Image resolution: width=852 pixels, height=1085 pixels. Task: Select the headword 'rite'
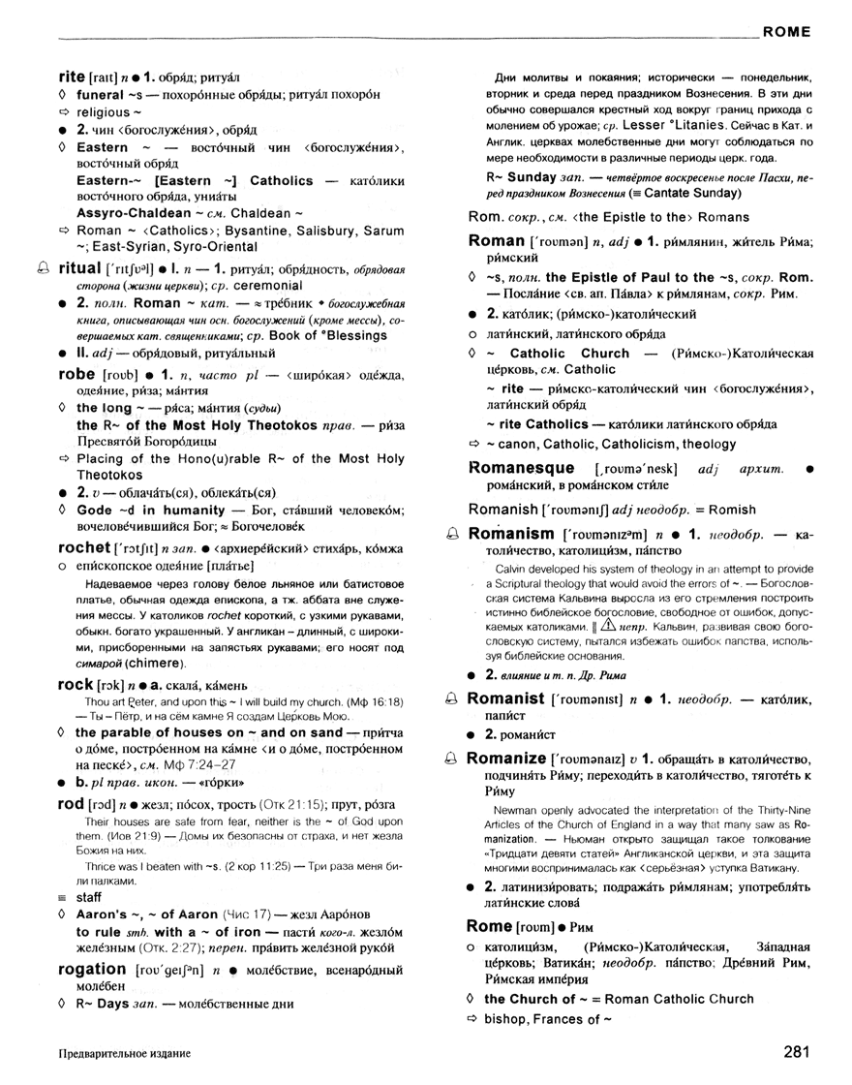73,75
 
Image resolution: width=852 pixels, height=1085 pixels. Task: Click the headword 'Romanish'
502,509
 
